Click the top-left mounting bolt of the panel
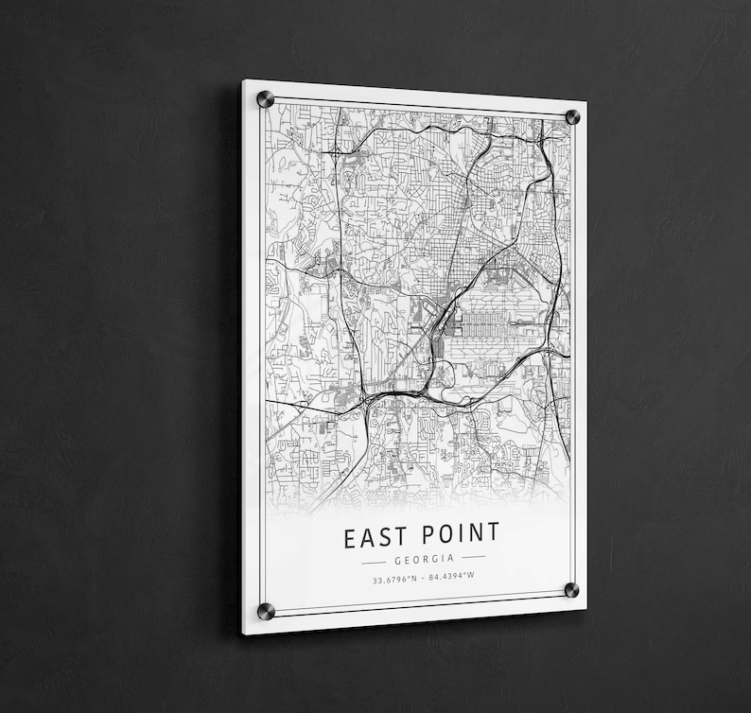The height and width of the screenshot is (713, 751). coord(265,98)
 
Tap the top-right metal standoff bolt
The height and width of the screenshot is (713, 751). coord(572,117)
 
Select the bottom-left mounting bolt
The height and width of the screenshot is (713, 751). coord(266,611)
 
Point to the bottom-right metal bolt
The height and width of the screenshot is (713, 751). coord(572,591)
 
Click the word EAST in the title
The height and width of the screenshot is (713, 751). coord(376,537)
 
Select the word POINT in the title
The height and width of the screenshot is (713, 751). coord(459,533)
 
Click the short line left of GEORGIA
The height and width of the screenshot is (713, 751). coord(374,561)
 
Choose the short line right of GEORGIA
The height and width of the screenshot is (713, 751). coord(473,557)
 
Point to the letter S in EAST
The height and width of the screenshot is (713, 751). coord(388,537)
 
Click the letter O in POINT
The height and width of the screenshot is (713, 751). coord(445,534)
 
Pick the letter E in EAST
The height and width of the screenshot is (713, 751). coord(349,539)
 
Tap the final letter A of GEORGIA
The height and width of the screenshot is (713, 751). coord(452,558)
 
